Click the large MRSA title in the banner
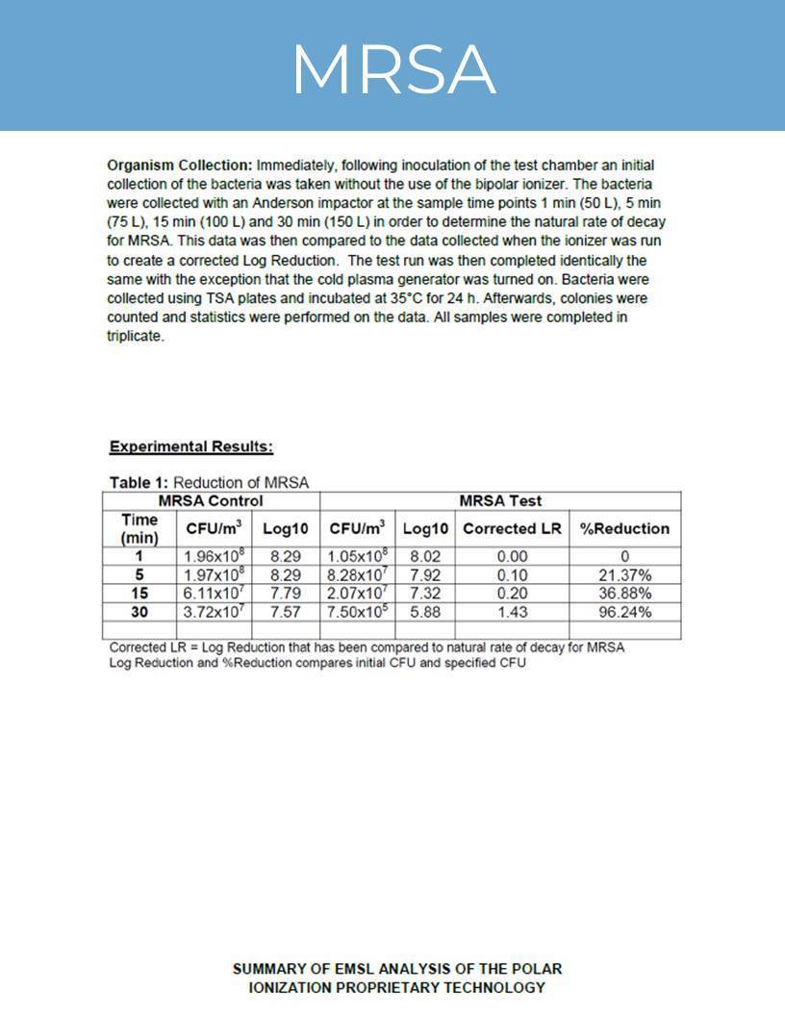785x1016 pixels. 392,69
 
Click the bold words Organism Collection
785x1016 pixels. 179,165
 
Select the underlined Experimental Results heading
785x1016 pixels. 190,446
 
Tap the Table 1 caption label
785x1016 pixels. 139,482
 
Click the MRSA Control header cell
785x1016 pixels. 210,501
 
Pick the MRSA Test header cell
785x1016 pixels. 500,501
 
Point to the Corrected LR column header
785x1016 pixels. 512,528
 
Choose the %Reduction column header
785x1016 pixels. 624,528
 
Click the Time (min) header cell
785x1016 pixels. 139,528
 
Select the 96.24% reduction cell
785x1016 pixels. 624,612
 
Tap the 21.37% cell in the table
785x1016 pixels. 624,575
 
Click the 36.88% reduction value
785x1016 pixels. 624,594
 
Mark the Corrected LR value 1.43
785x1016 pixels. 512,612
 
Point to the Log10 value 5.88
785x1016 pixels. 425,612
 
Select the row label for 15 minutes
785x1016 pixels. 139,594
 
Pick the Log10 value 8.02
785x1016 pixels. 425,556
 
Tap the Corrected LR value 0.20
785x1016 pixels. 512,594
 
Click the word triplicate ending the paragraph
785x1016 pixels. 135,337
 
